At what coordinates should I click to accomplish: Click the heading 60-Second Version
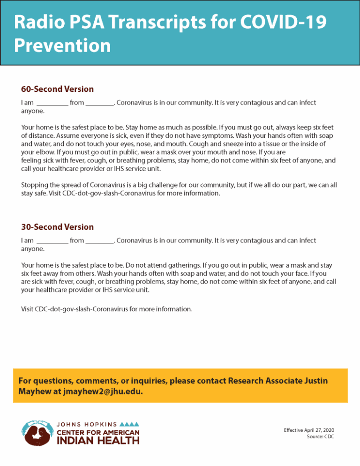[x=57, y=89]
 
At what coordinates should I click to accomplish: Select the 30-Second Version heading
[x=57, y=227]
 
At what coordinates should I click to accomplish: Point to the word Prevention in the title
[x=62, y=46]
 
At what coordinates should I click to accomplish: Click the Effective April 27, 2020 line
[x=309, y=430]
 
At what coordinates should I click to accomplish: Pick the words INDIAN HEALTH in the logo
[x=97, y=440]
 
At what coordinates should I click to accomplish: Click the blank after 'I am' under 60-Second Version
[x=52, y=103]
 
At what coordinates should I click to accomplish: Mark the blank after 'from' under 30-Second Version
[x=100, y=241]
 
